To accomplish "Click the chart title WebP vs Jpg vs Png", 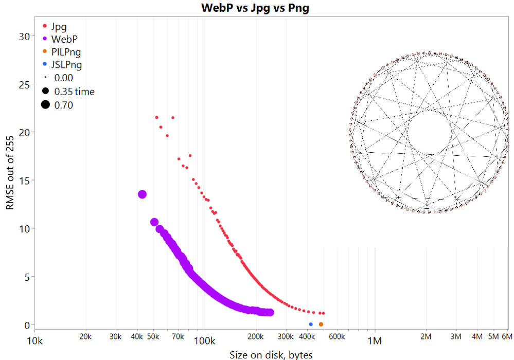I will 255,9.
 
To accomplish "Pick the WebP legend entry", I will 64,38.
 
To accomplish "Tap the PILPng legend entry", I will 66,51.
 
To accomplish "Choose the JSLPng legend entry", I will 66,65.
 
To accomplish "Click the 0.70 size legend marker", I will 45,105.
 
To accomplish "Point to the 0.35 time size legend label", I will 74,92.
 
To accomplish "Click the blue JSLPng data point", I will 311,325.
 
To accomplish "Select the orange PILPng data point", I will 321,325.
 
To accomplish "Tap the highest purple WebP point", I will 143,194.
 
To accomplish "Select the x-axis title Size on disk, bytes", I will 271,354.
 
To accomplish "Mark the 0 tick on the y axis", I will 24,325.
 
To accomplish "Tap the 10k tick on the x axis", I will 34,340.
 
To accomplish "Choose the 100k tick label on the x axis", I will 205,340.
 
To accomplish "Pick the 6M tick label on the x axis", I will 507,337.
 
